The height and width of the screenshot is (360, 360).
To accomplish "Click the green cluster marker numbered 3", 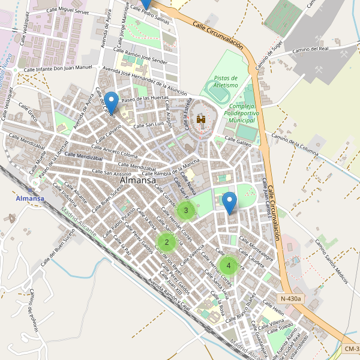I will pyautogui.click(x=186, y=210).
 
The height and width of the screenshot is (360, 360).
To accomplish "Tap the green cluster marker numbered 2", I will pyautogui.click(x=166, y=242).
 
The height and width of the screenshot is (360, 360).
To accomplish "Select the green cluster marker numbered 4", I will pyautogui.click(x=228, y=265).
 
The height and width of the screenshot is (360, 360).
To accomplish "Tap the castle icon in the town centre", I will pyautogui.click(x=201, y=120).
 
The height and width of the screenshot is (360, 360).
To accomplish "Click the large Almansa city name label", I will pyautogui.click(x=138, y=180).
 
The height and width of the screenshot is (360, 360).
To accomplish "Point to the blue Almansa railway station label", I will pyautogui.click(x=31, y=199).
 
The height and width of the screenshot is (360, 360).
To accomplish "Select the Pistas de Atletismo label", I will pyautogui.click(x=226, y=81).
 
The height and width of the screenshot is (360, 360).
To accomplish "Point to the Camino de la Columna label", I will pyautogui.click(x=294, y=144).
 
